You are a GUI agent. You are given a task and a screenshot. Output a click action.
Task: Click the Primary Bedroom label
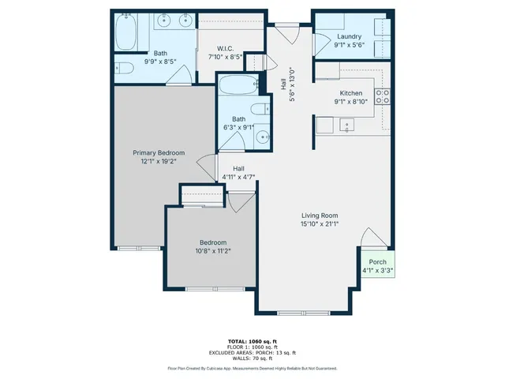[159, 153]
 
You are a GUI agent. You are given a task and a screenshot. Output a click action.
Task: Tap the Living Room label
[320, 216]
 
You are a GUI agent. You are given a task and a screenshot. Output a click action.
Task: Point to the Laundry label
[348, 37]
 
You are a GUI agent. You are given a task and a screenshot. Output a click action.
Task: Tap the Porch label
[377, 262]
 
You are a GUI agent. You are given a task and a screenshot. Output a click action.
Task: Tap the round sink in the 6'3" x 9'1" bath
[262, 137]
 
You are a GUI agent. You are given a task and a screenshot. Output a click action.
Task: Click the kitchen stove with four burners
[383, 96]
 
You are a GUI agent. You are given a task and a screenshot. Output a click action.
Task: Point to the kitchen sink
[346, 125]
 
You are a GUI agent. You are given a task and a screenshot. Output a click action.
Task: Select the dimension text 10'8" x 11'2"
[213, 251]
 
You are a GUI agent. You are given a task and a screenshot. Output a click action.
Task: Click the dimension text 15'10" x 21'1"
[320, 224]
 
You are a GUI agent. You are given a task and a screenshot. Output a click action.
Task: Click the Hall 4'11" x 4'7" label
[238, 172]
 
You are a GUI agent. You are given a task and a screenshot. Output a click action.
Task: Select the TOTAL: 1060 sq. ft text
[252, 336]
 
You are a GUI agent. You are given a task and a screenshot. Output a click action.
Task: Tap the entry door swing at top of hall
[282, 35]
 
